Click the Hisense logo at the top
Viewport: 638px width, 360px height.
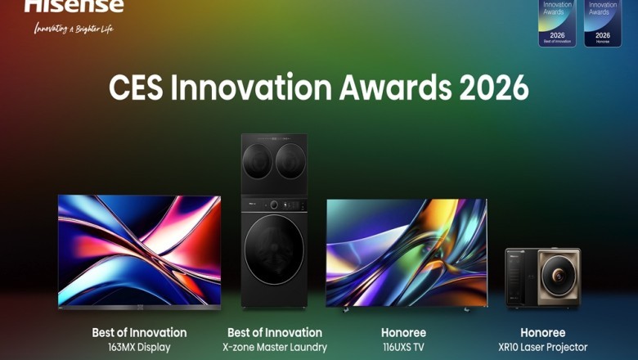pos(74,6)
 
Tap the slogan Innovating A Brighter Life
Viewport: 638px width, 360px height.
pos(74,29)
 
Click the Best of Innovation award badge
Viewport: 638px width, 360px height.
pos(557,23)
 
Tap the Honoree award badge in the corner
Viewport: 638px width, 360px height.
pos(603,23)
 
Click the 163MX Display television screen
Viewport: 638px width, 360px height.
pos(139,250)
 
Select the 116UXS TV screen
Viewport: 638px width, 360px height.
pos(407,252)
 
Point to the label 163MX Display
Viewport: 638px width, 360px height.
pos(139,348)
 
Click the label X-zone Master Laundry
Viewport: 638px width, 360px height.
pos(274,348)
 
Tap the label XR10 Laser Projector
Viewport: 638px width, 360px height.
pos(543,348)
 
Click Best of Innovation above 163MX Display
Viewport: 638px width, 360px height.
pos(139,333)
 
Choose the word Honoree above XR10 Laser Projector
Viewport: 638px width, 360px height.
pos(543,333)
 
